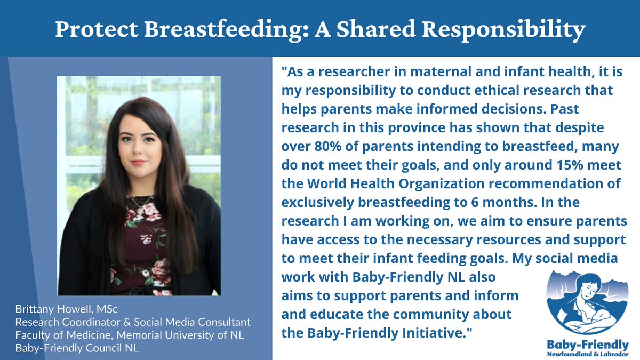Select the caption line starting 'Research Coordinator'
click(x=133, y=323)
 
